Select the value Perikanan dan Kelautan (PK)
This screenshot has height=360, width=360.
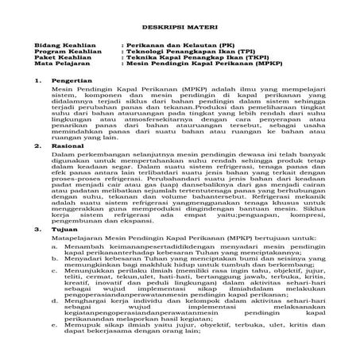(x=169, y=48)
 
